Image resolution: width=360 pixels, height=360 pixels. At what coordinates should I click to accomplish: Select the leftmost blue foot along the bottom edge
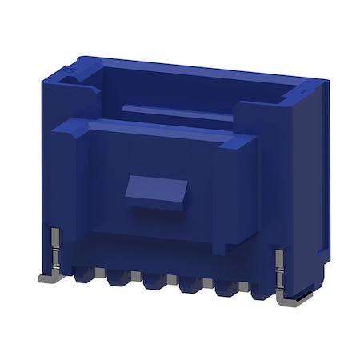pos(82,278)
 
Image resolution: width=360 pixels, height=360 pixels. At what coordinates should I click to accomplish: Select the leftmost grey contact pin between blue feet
pos(100,273)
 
